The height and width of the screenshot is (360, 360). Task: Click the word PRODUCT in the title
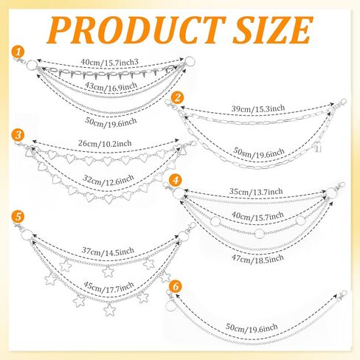(136, 30)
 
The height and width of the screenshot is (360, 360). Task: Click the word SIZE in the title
(273, 30)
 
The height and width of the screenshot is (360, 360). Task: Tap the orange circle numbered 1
(18, 52)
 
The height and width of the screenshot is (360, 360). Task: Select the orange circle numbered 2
(177, 97)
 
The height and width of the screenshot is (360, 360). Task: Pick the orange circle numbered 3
(18, 135)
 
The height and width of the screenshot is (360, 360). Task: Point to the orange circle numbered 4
(176, 181)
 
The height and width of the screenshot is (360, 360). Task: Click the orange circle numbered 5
(18, 217)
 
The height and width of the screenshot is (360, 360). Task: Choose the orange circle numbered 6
(176, 287)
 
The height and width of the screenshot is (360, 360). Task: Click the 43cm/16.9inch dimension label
(111, 86)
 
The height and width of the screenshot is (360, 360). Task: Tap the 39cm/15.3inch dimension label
(258, 108)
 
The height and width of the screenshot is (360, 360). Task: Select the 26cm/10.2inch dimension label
(105, 143)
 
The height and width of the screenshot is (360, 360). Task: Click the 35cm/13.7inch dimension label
(256, 191)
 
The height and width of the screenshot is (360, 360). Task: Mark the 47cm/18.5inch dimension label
(257, 259)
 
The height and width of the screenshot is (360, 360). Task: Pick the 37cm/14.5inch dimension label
(108, 251)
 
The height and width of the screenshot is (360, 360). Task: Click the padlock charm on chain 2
(318, 148)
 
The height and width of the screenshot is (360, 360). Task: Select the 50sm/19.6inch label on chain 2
(259, 153)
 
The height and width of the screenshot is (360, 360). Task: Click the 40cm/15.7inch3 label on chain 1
(110, 62)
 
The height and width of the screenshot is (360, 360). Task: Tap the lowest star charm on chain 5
(109, 310)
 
